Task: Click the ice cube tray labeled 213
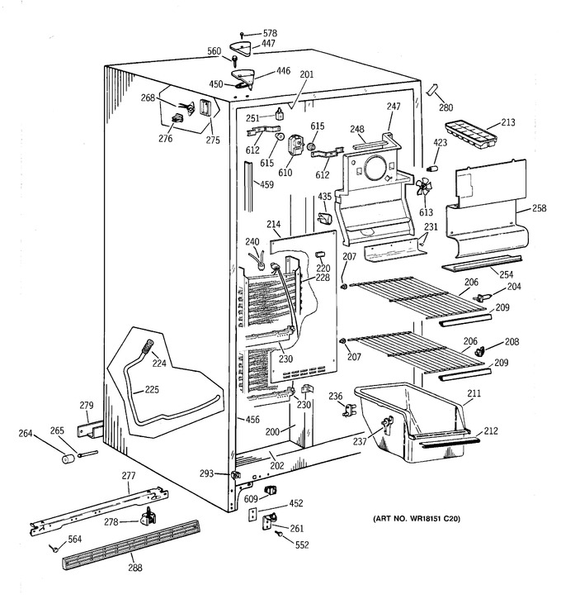coord(470,133)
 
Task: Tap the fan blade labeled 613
coord(424,188)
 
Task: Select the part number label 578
coord(270,33)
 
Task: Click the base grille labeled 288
coord(130,544)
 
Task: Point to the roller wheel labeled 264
coord(68,458)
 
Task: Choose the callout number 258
coord(539,208)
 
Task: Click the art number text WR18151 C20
coord(430,518)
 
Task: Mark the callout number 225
coord(152,390)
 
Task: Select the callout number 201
coord(307,74)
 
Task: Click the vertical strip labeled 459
coord(248,187)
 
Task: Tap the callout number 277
coord(129,476)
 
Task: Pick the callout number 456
coord(252,420)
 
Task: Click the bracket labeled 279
coord(91,430)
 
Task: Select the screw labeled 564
coord(54,549)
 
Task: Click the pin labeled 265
coord(88,454)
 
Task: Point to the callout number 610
coord(285,173)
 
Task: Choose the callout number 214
coord(273,225)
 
